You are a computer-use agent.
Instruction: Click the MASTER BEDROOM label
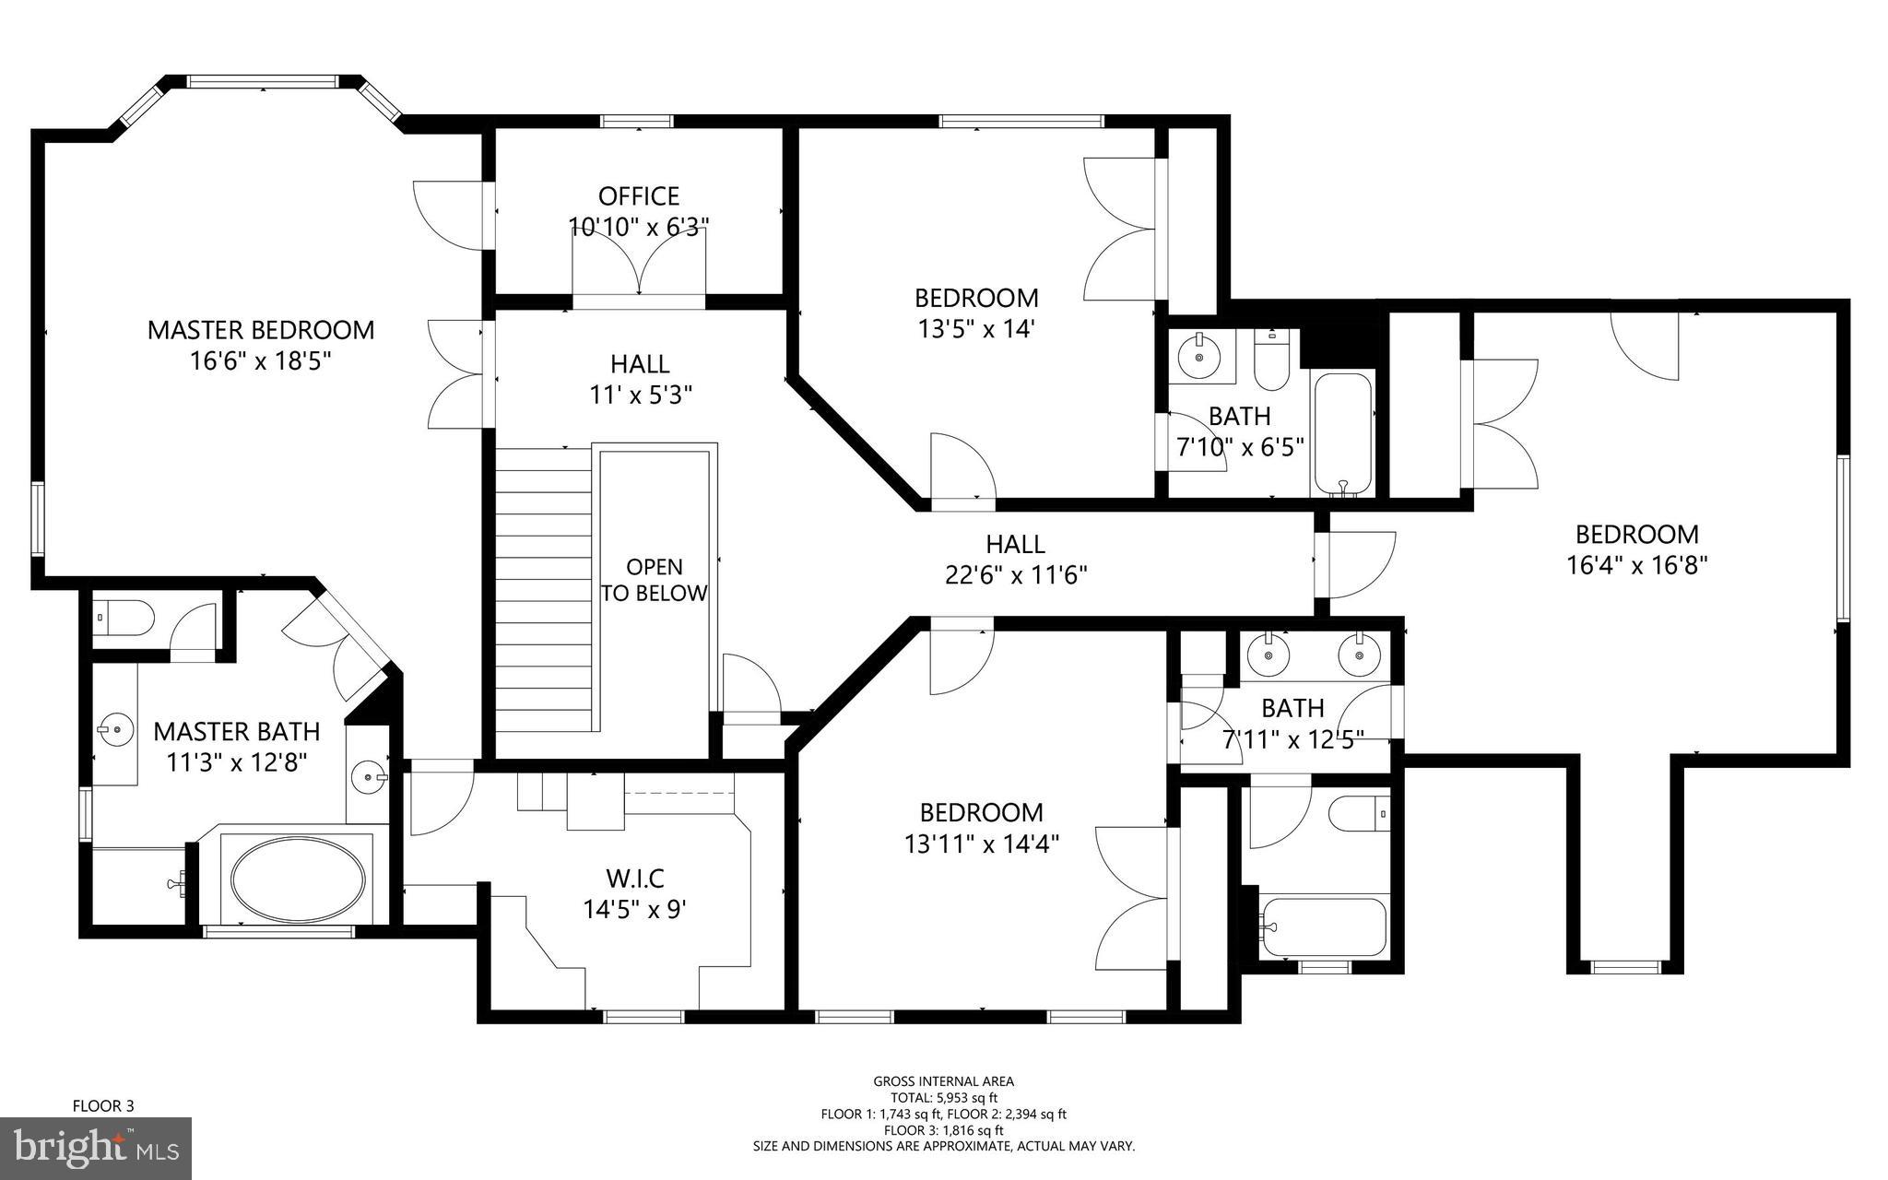[261, 330]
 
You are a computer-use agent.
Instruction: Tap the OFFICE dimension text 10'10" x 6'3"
[639, 227]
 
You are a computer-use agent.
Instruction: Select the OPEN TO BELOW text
[655, 580]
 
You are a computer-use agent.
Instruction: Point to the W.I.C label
[635, 878]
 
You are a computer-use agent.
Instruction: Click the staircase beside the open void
[543, 590]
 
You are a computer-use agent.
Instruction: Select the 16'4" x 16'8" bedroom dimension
[1637, 564]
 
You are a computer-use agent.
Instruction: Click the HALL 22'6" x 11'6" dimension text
[1016, 575]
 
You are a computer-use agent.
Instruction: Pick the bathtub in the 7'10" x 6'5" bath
[1342, 431]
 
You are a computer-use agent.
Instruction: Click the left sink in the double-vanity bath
[1269, 655]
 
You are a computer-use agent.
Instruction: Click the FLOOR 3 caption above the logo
[103, 1105]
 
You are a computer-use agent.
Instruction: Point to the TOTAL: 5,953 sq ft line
[943, 1097]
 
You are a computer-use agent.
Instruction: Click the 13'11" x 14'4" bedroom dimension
[981, 843]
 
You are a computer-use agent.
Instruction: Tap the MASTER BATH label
[237, 732]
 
